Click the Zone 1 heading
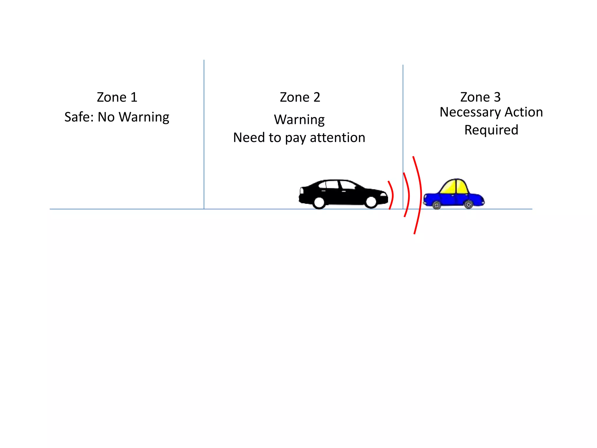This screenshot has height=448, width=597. point(117,97)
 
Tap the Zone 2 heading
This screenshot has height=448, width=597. point(300,97)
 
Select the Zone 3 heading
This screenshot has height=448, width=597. point(480,97)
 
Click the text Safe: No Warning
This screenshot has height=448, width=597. point(117,117)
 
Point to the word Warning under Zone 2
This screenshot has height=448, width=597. point(299,120)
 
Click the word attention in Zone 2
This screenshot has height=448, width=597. point(337,137)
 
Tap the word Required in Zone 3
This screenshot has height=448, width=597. point(491,130)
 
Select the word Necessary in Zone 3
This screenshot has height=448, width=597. point(470,112)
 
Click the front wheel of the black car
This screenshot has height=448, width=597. point(371,202)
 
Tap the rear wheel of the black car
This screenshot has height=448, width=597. point(319,202)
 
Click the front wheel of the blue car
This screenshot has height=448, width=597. point(437,205)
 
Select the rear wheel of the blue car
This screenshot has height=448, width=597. point(468,204)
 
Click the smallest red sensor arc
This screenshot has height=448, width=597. point(392,195)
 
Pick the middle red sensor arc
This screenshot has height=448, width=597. point(408,195)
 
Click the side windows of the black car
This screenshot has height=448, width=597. point(338,185)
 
